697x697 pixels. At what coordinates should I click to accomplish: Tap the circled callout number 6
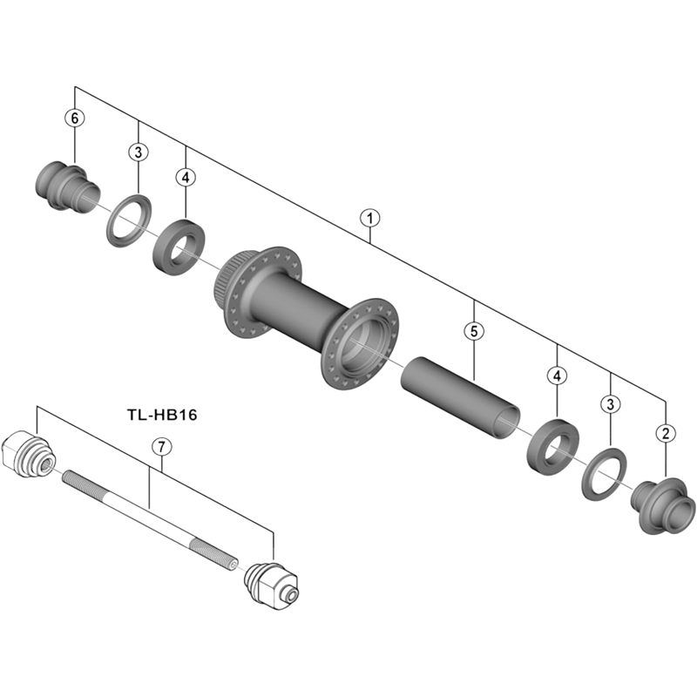76,118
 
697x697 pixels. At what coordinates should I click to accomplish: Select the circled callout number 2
666,432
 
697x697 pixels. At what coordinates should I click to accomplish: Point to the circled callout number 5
473,331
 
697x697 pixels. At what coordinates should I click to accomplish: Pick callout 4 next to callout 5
557,376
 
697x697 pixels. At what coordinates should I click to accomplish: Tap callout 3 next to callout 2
611,403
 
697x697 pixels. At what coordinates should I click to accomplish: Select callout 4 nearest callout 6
185,177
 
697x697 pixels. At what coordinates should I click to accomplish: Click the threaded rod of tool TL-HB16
148,518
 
